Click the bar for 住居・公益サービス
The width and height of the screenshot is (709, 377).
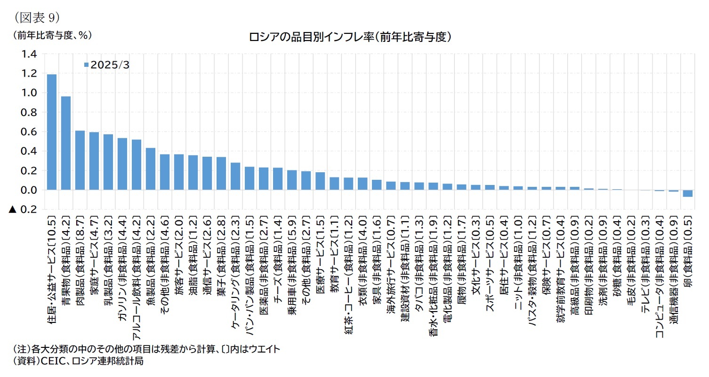(x=52, y=132)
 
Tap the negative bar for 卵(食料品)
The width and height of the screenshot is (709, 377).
(x=687, y=193)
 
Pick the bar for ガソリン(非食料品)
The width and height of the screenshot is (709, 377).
(x=122, y=164)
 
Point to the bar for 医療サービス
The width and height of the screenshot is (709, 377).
(x=320, y=181)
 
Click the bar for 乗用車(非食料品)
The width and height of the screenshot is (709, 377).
(x=292, y=180)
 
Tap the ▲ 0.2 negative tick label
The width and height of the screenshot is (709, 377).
(x=23, y=209)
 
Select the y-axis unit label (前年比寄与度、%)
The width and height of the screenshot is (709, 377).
(x=52, y=35)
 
